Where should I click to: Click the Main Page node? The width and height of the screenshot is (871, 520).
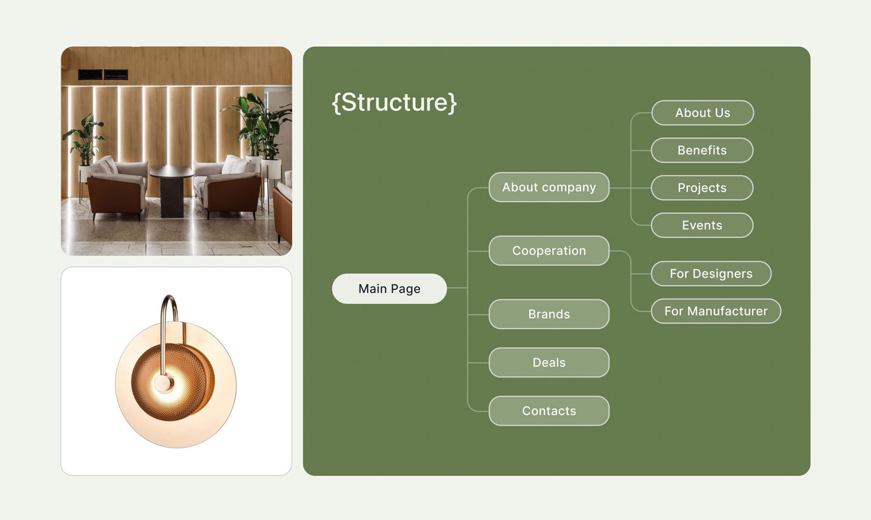pos(389,289)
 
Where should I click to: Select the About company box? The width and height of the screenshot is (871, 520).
pos(549,187)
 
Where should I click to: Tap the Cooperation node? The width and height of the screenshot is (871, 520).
pos(549,250)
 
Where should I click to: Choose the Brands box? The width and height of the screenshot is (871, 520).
pos(549,314)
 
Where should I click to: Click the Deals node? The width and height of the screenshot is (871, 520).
pos(549,362)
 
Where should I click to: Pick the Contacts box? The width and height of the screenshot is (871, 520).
pos(549,411)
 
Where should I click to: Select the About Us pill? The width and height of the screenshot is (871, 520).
pos(703,113)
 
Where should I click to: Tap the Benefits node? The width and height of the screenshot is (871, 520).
pos(702,150)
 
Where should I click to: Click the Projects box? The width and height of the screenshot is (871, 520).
pos(702,188)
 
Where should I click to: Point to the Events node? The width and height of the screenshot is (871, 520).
pos(702,225)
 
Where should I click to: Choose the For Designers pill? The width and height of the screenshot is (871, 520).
pos(711,273)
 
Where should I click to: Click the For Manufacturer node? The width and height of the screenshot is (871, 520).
pos(716,311)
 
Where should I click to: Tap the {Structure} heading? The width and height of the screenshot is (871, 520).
pos(394,103)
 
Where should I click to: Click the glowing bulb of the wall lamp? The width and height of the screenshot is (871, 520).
pos(165,383)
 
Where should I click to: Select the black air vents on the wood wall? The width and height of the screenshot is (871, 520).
pos(103,74)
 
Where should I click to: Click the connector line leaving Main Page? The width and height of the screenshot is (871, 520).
pos(457,288)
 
